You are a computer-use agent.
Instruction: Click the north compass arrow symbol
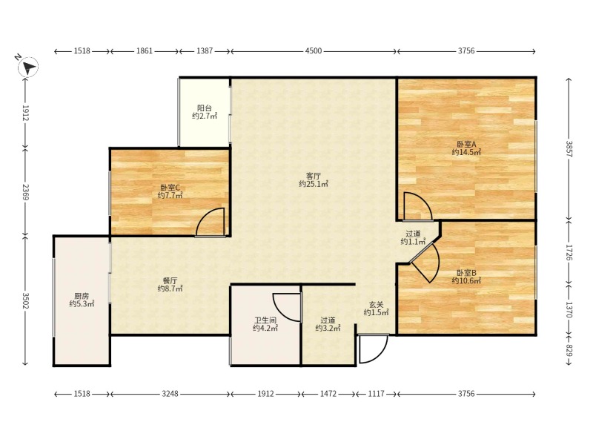(x=28, y=67)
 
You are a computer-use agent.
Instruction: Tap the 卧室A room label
(x=466, y=144)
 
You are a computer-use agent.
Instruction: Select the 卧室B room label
(x=466, y=273)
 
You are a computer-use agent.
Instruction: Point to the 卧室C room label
(x=170, y=188)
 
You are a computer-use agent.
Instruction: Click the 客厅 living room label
(x=314, y=176)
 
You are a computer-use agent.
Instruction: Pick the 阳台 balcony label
(x=205, y=108)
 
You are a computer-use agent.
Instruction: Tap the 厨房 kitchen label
(x=82, y=296)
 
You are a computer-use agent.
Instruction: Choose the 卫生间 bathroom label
(x=265, y=320)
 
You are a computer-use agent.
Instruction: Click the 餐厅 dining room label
(x=170, y=281)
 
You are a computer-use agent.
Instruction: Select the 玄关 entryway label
(x=377, y=304)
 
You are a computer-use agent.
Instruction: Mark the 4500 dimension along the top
(x=314, y=50)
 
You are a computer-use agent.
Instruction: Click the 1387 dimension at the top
(x=205, y=50)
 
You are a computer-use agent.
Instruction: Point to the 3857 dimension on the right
(x=569, y=149)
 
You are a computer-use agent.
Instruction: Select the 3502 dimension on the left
(x=26, y=300)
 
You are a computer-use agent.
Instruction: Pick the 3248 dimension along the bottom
(x=170, y=394)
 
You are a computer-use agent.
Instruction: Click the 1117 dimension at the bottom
(x=377, y=394)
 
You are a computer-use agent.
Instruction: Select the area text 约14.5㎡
(x=466, y=152)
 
